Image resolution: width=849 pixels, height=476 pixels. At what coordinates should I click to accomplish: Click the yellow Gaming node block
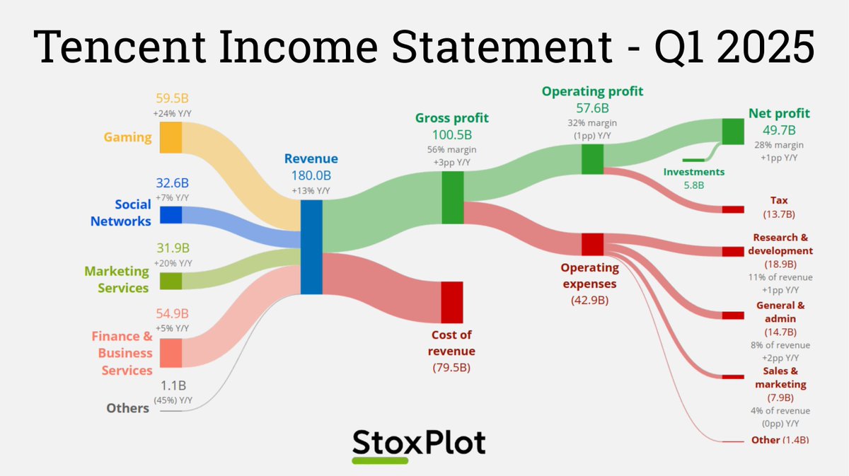(x=171, y=137)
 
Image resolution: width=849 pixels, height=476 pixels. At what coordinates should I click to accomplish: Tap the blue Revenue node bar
(x=311, y=247)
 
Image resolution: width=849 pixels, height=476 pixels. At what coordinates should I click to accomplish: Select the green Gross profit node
(x=452, y=198)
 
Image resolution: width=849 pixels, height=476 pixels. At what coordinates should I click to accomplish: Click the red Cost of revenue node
(x=451, y=302)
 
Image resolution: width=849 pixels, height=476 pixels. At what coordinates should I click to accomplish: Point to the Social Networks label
(x=121, y=213)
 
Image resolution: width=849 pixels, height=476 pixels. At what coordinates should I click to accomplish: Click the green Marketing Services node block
(x=171, y=281)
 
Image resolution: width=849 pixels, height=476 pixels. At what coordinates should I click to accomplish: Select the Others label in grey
(x=127, y=408)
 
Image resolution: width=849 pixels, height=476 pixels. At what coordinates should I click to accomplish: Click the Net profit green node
(x=733, y=132)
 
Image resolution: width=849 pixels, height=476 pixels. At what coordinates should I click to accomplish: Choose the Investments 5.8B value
(x=693, y=185)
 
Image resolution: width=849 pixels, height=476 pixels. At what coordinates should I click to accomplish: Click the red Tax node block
(x=733, y=209)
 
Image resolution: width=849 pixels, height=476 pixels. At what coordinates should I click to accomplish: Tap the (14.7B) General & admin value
(x=780, y=332)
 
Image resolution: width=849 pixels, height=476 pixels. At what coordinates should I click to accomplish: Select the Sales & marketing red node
(x=733, y=377)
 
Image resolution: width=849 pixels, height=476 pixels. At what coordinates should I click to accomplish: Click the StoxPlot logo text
(x=419, y=442)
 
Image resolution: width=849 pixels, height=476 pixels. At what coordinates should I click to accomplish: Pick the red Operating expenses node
(x=592, y=244)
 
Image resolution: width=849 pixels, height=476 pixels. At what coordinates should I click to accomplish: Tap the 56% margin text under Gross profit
(x=451, y=149)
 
